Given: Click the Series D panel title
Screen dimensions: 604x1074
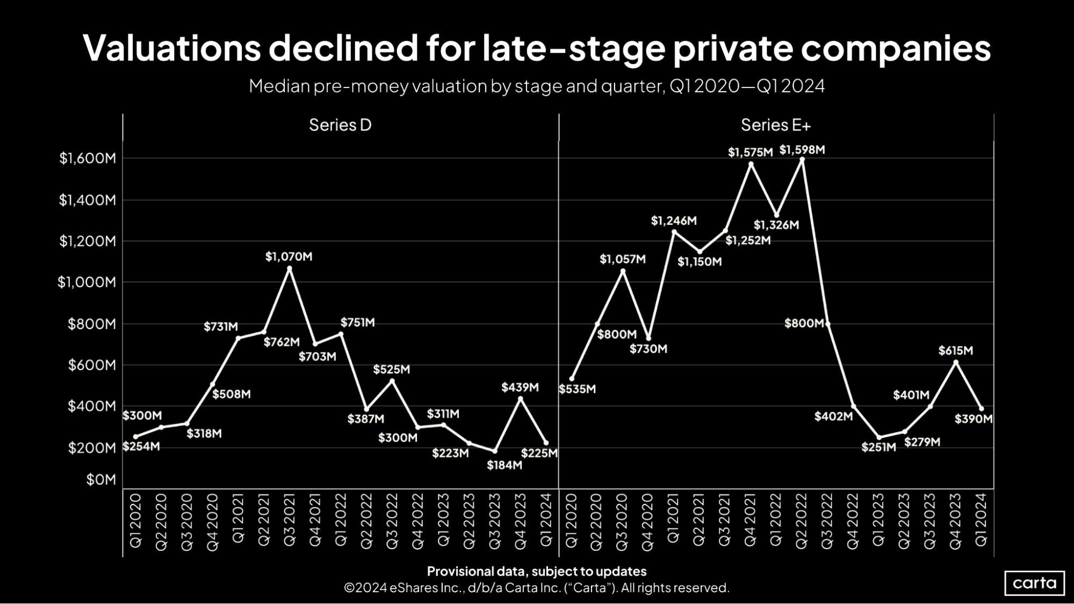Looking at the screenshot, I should coord(340,125).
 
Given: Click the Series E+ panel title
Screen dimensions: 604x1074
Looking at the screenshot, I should coord(775,125).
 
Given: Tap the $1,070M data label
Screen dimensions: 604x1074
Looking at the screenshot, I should coord(289,257).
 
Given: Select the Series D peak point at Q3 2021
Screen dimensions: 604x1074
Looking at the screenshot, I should coord(290,268).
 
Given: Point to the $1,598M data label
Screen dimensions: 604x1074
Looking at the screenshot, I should coord(802,150).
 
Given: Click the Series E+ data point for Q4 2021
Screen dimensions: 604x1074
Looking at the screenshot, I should coord(751,164).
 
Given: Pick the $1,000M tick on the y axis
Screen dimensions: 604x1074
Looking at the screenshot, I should coord(87,282).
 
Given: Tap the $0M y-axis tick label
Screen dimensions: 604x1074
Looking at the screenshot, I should coord(101,479).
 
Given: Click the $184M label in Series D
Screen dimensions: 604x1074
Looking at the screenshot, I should coord(504,465).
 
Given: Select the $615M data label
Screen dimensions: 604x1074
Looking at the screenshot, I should coord(955,351).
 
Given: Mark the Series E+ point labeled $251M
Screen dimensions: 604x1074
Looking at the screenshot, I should coord(879,437).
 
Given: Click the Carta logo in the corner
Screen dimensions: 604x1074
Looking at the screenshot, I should coord(1034,583).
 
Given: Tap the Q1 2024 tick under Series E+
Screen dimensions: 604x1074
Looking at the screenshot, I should coord(981,520).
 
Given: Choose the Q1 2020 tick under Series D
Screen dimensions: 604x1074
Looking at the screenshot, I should coord(136,520).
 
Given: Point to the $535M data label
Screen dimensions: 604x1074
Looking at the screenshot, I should coord(578,389).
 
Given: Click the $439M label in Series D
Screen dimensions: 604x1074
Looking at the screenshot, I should coord(520,387).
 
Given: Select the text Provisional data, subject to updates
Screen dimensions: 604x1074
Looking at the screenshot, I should coord(536,571).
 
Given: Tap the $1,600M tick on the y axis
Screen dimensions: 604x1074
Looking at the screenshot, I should coord(88,158).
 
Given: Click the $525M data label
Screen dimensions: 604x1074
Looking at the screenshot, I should coord(391,369).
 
